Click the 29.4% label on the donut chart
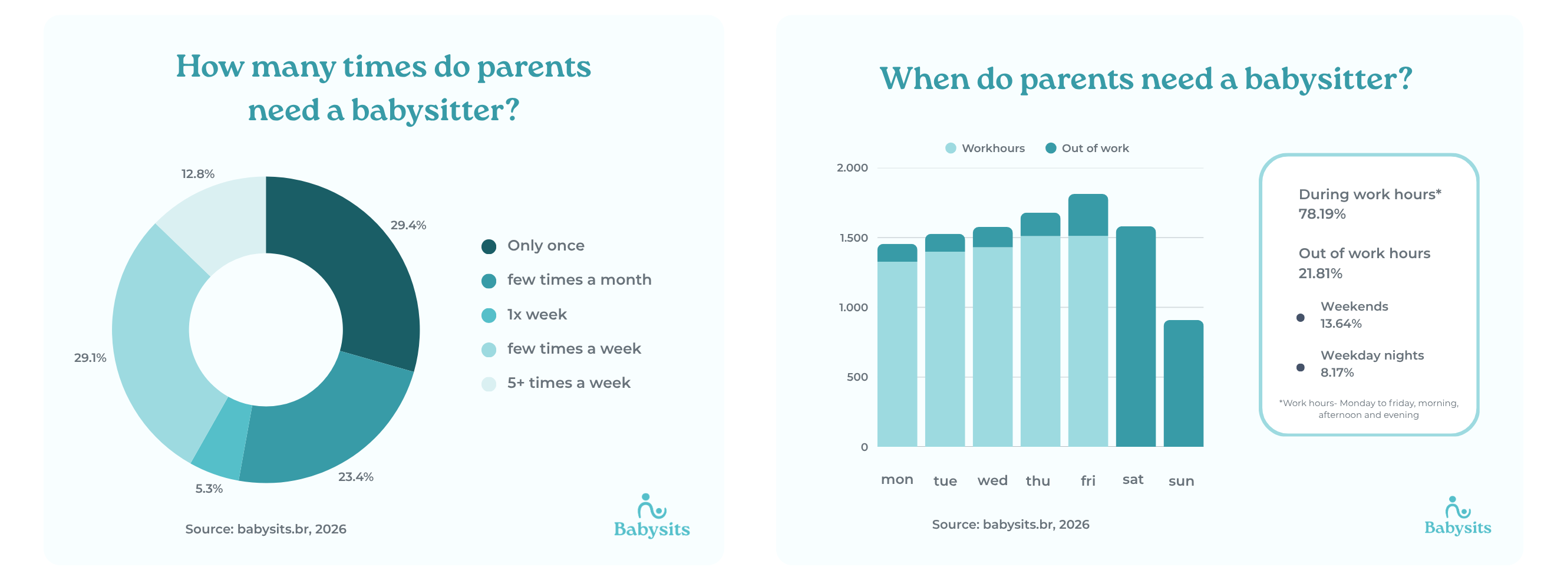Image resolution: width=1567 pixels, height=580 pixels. click(408, 225)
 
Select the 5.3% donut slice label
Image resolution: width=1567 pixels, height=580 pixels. click(209, 489)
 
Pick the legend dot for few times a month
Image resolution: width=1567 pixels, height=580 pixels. click(489, 281)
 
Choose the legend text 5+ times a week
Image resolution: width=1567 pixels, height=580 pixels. click(568, 383)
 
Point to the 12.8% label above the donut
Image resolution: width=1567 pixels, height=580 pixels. click(197, 174)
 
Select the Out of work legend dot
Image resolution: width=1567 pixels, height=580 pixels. click(1051, 149)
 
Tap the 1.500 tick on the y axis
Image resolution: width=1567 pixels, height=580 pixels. click(853, 238)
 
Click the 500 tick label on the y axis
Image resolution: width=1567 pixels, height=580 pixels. click(857, 377)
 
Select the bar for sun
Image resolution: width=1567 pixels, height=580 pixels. click(1183, 383)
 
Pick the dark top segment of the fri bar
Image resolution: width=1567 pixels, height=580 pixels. click(1088, 215)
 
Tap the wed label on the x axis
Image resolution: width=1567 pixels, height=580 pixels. click(992, 481)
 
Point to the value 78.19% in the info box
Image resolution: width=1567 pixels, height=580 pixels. click(1321, 214)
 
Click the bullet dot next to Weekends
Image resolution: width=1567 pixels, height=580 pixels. click(1300, 318)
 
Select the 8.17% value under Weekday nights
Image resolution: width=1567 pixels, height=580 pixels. click(1337, 373)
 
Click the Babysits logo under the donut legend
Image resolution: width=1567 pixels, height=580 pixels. click(652, 517)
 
